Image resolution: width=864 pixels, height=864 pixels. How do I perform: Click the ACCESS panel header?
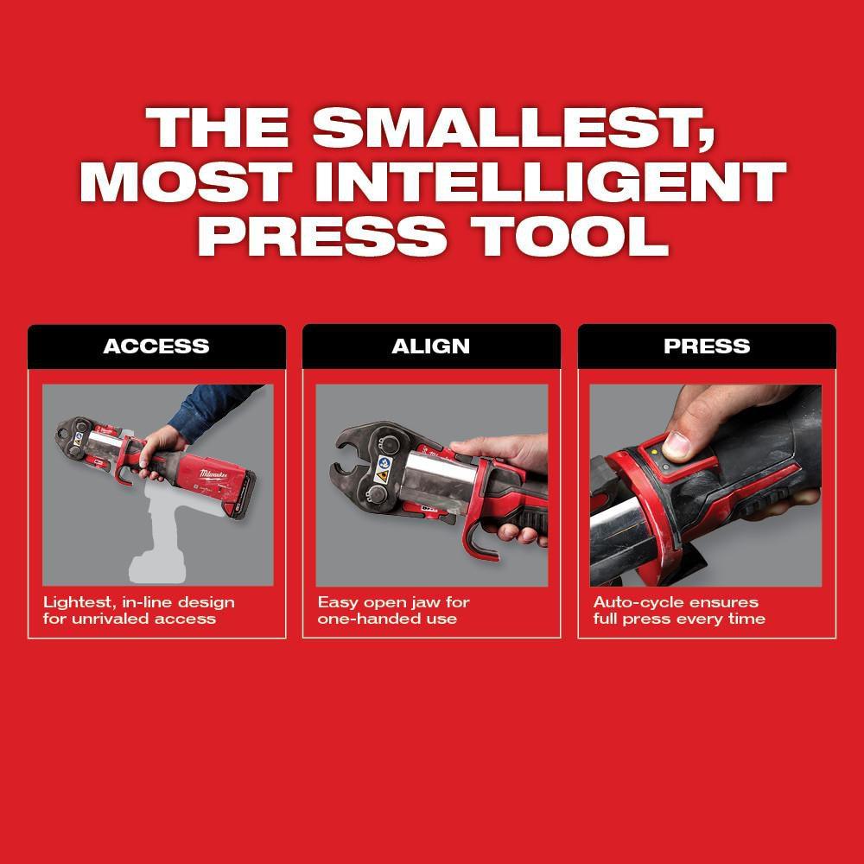[156, 346]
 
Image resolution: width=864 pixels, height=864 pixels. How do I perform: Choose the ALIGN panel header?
[431, 346]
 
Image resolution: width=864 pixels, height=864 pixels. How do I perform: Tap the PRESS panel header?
[707, 346]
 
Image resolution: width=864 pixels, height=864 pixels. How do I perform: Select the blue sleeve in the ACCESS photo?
[212, 406]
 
